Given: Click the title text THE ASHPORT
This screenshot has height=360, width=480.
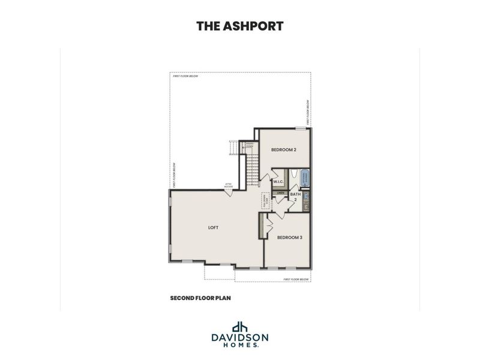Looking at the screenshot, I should point(240,26).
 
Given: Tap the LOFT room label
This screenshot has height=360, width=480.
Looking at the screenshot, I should point(214,228).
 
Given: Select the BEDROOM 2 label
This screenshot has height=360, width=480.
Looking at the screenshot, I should point(284,150).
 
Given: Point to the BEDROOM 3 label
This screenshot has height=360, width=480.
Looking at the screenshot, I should point(289,238).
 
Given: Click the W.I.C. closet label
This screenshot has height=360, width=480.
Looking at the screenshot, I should point(278,181).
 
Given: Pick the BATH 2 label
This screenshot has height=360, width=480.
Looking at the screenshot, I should point(295,196).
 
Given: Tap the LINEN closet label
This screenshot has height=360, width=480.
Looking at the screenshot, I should point(280,193).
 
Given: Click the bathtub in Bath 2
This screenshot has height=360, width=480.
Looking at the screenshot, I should point(304,177).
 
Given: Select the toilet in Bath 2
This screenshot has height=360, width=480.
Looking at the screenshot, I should point(305,195).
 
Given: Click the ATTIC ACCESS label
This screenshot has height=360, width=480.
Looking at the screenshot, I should point(229,185).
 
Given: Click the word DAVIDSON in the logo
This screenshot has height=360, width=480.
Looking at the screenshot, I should point(240,338).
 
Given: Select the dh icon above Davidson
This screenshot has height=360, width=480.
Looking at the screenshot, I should point(240,326).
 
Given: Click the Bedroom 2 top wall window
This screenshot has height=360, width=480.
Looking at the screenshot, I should point(300,128).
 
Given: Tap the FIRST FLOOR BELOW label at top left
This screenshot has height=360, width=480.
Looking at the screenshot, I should point(185,77).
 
